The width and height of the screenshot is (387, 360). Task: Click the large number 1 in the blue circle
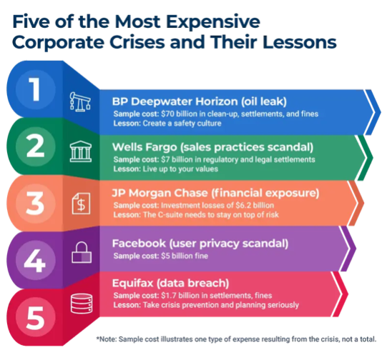tap(34, 89)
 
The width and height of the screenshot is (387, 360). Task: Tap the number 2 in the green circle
tap(35, 146)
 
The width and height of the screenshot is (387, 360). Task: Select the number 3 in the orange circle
tap(35, 204)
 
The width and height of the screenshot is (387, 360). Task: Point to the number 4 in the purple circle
tap(35, 261)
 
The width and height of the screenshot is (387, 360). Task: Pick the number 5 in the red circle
tap(35, 318)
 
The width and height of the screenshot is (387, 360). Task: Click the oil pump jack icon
tap(80, 102)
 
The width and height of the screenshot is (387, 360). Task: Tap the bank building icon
tap(80, 151)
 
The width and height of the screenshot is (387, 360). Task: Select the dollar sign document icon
tap(82, 204)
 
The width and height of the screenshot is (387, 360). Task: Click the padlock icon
tap(82, 252)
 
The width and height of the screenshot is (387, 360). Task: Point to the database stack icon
tap(82, 304)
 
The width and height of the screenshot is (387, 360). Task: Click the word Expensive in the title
tap(212, 21)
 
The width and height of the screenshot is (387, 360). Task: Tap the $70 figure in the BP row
tap(167, 114)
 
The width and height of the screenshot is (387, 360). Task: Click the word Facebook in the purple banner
tap(139, 244)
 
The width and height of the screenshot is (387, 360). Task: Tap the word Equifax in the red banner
tap(133, 283)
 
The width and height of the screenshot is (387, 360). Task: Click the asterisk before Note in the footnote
tap(98, 338)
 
